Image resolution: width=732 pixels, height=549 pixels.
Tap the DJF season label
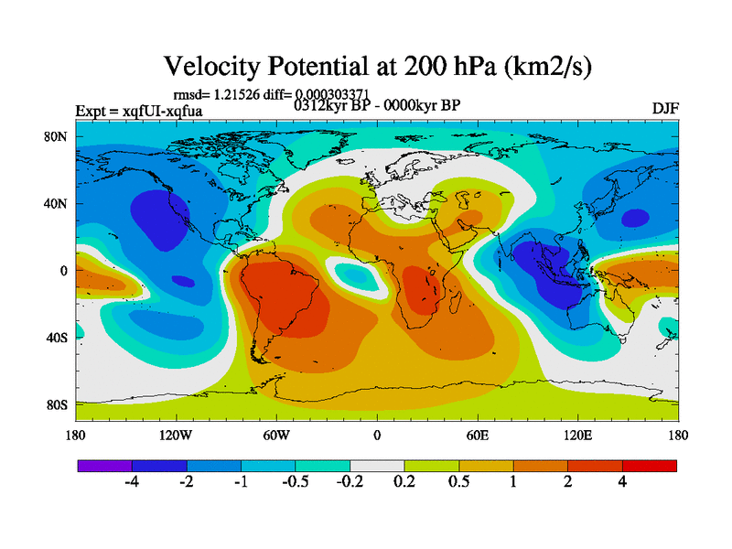[x=664, y=108]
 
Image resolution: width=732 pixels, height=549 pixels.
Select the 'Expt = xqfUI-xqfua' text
[x=139, y=112]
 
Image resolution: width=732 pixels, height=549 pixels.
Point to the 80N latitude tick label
[x=59, y=137]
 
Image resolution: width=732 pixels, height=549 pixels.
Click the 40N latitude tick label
[x=59, y=204]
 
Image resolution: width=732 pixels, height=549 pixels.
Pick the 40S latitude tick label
[x=60, y=338]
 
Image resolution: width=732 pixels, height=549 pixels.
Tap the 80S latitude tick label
[x=60, y=404]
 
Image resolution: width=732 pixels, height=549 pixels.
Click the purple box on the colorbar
[x=105, y=466]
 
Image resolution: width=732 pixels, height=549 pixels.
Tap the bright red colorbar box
[x=650, y=466]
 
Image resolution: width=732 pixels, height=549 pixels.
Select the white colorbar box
[x=377, y=466]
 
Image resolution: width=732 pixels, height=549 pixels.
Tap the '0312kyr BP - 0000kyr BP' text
[x=376, y=104]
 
